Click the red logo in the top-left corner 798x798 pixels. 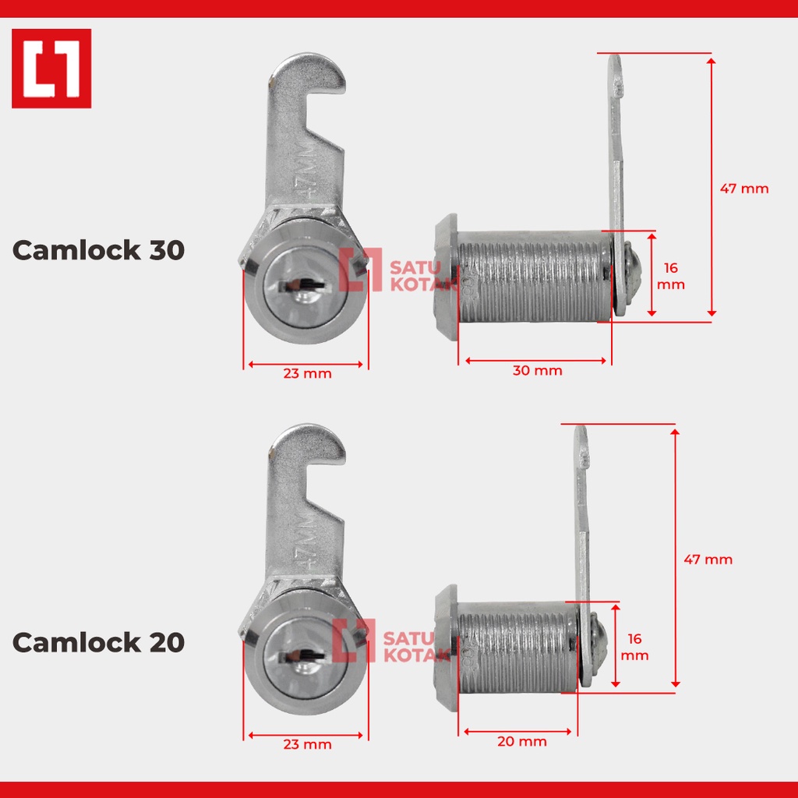pyautogui.click(x=51, y=69)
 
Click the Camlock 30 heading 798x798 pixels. pyautogui.click(x=98, y=250)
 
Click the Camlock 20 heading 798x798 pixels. pyautogui.click(x=98, y=642)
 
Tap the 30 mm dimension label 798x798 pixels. pyautogui.click(x=538, y=370)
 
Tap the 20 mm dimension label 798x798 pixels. pyautogui.click(x=522, y=742)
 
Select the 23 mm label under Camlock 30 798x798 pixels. pyautogui.click(x=307, y=373)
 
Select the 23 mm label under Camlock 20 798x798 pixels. pyautogui.click(x=307, y=744)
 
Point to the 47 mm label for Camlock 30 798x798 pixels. pyautogui.click(x=744, y=189)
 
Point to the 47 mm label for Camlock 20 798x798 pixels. pyautogui.click(x=708, y=560)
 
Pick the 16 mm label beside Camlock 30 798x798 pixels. pyautogui.click(x=671, y=277)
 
